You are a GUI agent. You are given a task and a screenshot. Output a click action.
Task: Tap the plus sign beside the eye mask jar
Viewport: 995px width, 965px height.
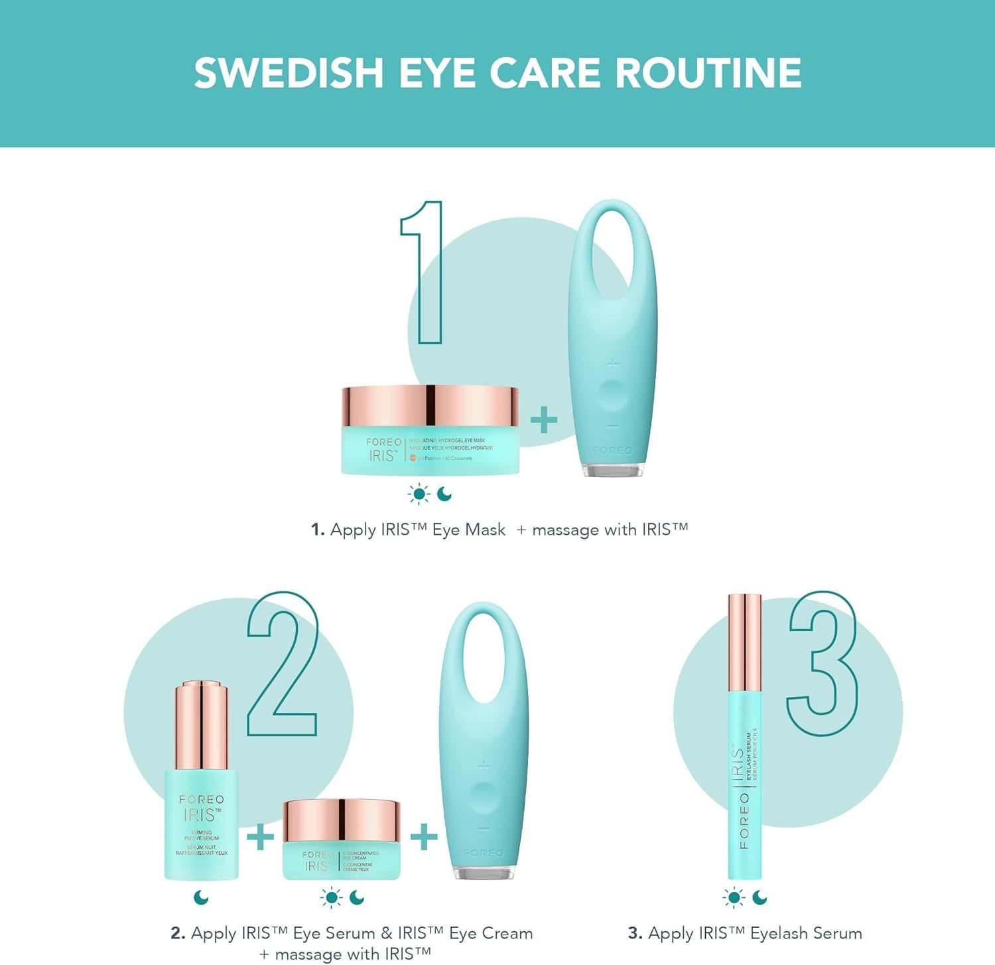(544, 420)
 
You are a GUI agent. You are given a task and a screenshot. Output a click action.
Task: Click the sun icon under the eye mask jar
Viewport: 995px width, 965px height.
(419, 494)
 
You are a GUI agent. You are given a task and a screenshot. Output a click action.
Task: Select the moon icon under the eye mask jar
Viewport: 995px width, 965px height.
(444, 494)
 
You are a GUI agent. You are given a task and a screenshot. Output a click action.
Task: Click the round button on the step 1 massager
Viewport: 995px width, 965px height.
(612, 394)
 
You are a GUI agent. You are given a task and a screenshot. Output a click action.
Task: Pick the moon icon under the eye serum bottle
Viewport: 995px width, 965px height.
(201, 898)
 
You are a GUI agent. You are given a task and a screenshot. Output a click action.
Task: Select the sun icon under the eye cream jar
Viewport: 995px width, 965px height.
(331, 898)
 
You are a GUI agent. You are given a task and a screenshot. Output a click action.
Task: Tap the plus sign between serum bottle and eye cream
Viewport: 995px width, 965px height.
(260, 836)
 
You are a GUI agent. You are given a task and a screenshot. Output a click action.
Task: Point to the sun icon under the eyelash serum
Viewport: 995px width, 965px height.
(734, 898)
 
